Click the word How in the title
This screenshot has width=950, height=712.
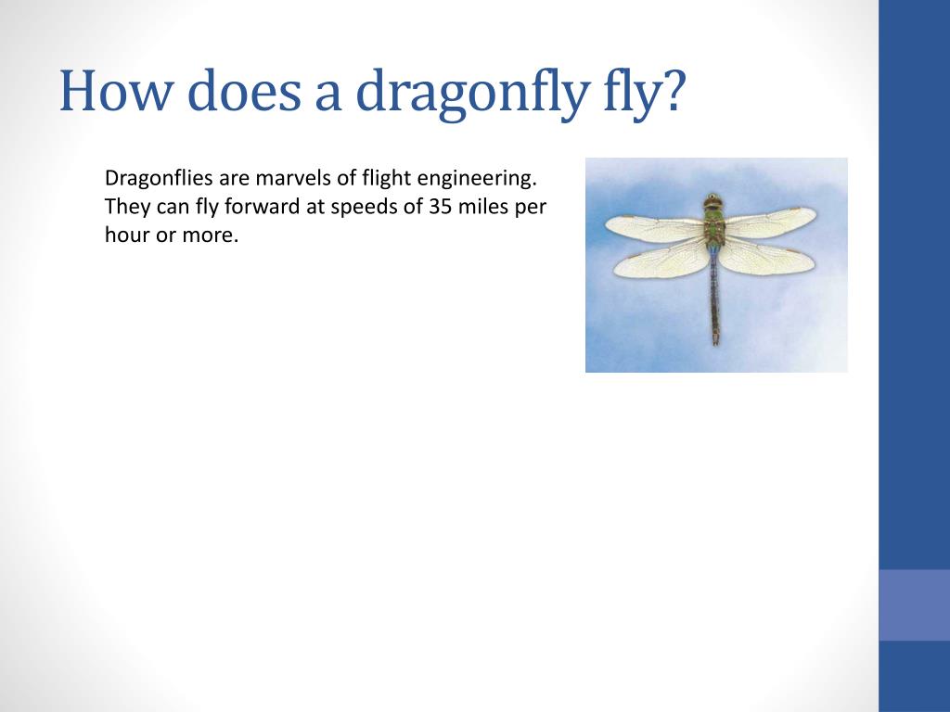point(115,91)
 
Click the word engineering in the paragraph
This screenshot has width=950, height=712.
point(478,180)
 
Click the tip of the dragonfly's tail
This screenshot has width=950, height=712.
point(716,344)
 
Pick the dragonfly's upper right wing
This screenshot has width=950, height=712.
point(773,222)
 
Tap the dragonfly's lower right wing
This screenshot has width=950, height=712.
point(766,257)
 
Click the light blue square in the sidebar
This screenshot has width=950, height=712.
point(914,604)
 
